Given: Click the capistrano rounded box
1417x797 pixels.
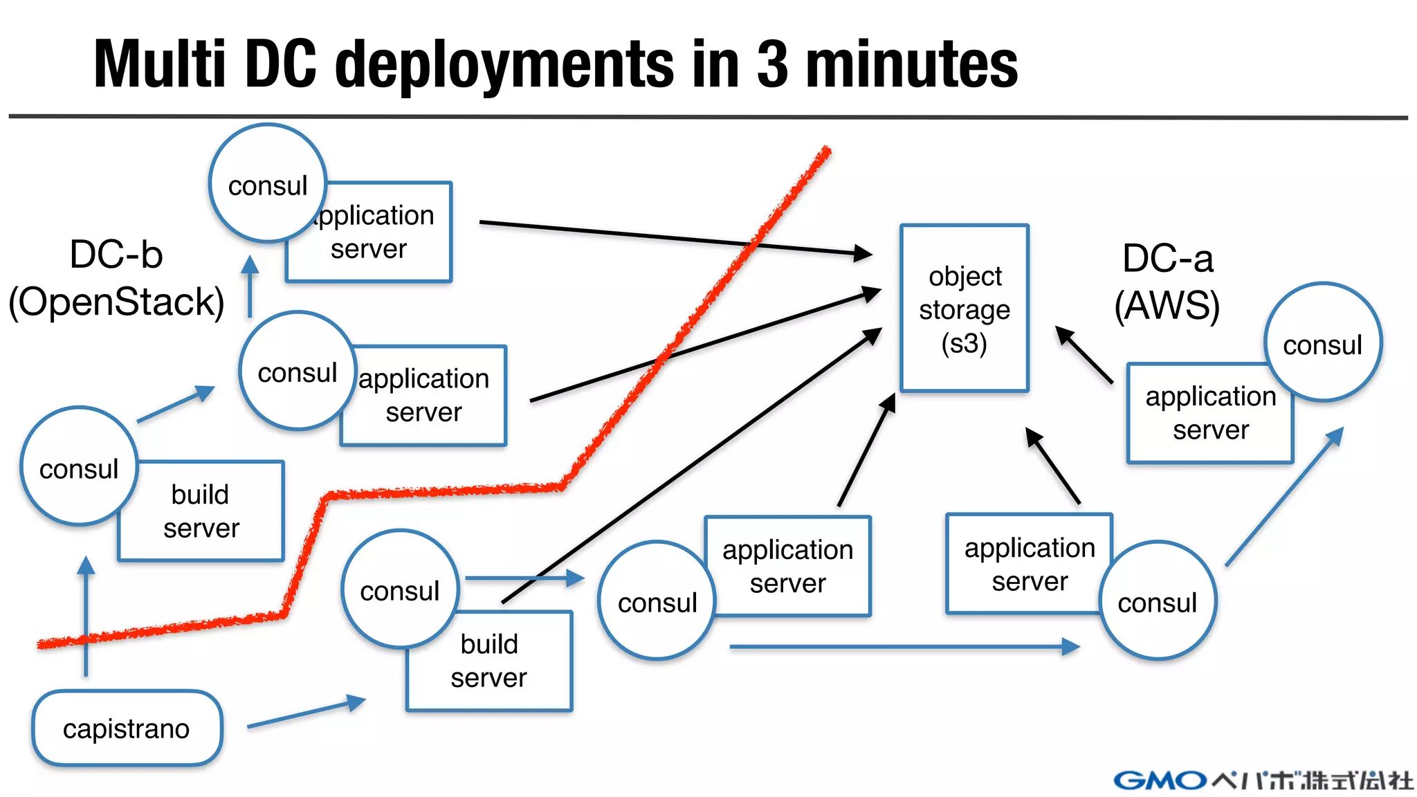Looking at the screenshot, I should [127, 728].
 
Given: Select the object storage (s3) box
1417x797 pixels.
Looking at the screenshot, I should [965, 309].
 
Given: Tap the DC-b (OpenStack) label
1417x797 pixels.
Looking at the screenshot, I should [116, 278].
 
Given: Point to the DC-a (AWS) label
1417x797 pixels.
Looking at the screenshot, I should [1167, 282].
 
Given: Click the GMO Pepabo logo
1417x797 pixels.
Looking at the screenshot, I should [1263, 780].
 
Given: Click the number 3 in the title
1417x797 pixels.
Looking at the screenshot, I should [772, 64].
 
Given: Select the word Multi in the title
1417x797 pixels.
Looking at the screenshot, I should [160, 64].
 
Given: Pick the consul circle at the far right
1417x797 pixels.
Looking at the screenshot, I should [1322, 342].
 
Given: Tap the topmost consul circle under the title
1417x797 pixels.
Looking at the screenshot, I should [268, 183].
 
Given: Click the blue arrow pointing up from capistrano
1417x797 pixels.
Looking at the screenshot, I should [86, 616].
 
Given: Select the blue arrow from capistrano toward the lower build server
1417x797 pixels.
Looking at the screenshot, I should [306, 713].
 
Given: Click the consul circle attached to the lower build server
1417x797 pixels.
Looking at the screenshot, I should [400, 589].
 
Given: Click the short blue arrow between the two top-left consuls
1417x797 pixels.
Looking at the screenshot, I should [250, 287].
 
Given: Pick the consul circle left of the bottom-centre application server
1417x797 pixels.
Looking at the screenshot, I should [657, 601].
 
